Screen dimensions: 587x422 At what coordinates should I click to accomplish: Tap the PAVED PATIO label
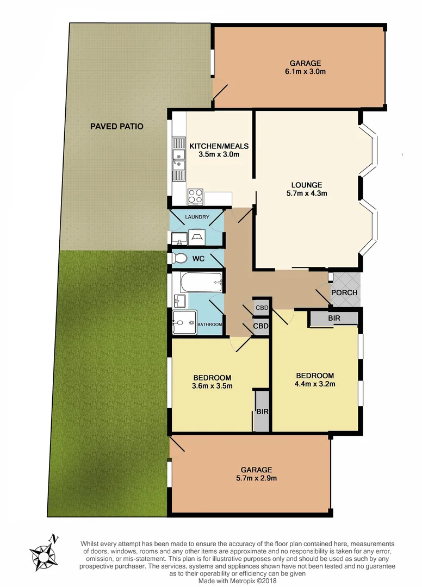(x=116, y=126)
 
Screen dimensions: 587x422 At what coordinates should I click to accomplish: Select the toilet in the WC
(x=176, y=258)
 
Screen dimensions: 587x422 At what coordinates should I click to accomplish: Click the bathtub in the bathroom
(x=201, y=281)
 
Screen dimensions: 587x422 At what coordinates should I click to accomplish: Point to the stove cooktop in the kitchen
(x=195, y=196)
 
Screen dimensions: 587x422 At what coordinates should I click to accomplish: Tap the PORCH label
(x=345, y=292)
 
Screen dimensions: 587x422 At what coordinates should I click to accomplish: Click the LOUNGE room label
(x=306, y=184)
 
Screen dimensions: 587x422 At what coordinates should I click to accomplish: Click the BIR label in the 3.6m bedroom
(x=262, y=411)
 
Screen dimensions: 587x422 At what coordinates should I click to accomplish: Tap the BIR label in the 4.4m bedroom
(x=334, y=317)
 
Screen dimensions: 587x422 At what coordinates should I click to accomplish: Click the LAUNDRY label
(x=197, y=217)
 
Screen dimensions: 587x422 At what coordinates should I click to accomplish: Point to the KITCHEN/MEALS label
(x=219, y=146)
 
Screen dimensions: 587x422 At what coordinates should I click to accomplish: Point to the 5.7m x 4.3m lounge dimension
(x=306, y=193)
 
